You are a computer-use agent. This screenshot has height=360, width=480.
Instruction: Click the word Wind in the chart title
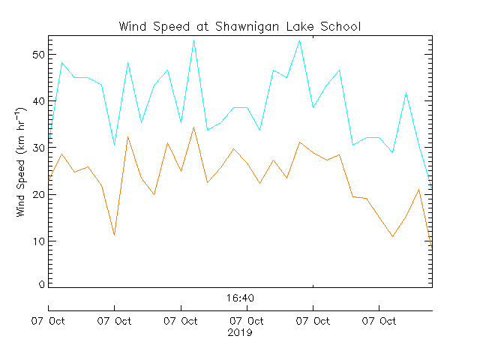point(133,27)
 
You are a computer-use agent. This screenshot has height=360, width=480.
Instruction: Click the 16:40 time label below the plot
point(240,298)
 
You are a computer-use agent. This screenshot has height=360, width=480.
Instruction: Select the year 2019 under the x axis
point(240,332)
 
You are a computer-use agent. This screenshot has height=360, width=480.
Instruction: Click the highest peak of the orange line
point(193,127)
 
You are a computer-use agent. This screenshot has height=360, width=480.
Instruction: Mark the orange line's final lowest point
point(431,245)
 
